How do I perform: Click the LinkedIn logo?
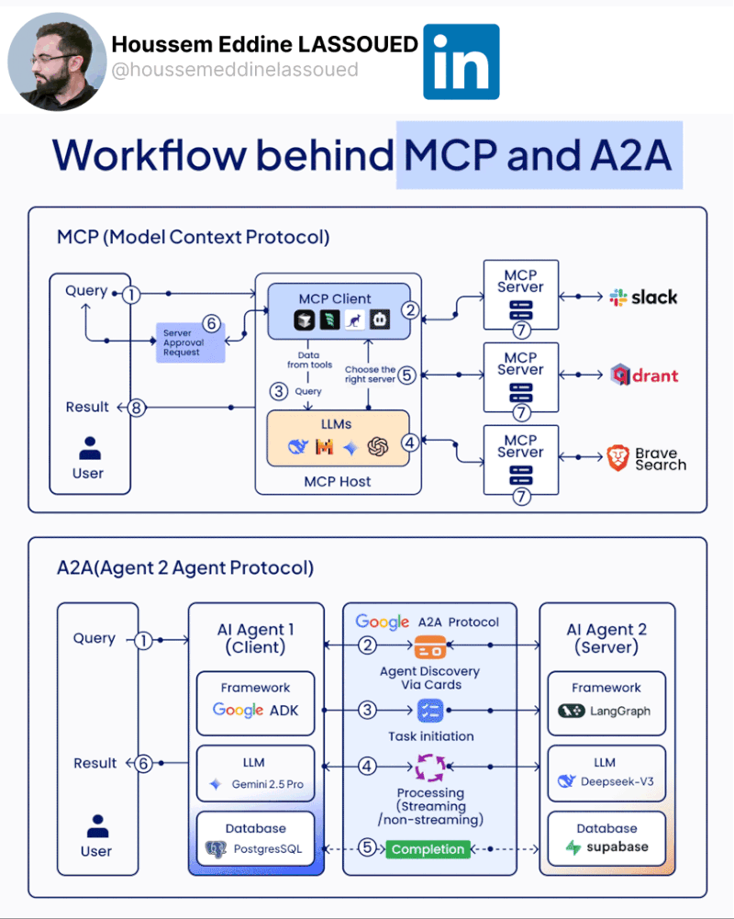coord(461,62)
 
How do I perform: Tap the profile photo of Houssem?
coord(57,62)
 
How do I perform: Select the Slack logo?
coord(643,297)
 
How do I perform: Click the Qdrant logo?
coord(644,375)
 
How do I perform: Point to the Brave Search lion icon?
coord(619,458)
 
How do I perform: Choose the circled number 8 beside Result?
coord(137,408)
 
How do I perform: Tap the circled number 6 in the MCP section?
coord(211,323)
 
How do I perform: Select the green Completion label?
coord(428,849)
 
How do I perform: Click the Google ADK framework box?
coord(255,702)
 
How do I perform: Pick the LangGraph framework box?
coord(606,702)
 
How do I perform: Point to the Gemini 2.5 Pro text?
coord(268,785)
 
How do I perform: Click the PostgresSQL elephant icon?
coord(217,849)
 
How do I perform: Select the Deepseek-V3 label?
coord(617,782)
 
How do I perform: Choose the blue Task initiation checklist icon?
coord(430,710)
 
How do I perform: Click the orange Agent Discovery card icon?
coord(430,647)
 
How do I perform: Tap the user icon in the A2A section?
coord(97,827)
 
